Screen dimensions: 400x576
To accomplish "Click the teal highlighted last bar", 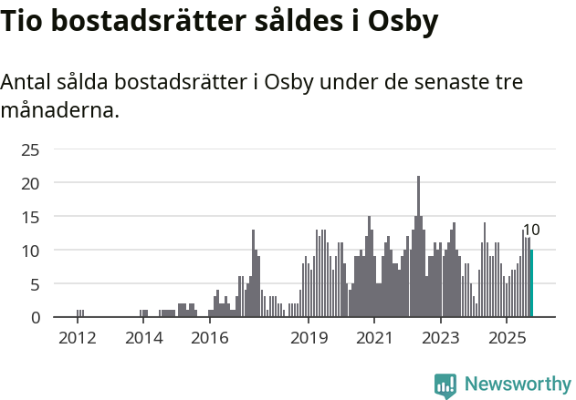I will (x=531, y=283).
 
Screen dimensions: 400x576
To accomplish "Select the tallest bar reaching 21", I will (x=418, y=246).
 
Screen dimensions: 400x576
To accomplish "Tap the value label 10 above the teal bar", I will (x=531, y=231).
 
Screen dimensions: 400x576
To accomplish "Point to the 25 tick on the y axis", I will (x=31, y=149).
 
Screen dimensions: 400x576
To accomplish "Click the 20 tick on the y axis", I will (x=31, y=183).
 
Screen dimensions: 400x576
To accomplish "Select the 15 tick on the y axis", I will (x=31, y=217).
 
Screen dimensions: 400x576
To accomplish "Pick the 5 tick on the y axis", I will (x=35, y=284).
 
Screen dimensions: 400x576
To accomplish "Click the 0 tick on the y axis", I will (x=35, y=317).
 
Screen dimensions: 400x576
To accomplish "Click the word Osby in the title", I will (x=402, y=23).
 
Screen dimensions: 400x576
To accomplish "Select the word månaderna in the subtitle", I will (x=58, y=112).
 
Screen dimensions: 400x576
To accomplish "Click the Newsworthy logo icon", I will (x=445, y=385).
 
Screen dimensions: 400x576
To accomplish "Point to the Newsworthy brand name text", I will (x=517, y=385).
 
